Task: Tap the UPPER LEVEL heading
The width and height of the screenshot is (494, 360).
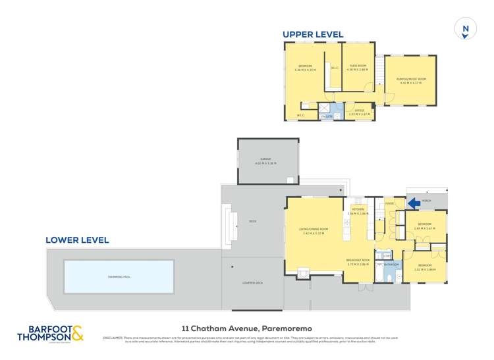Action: (x=313, y=34)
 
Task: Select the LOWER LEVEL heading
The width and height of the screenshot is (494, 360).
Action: (x=77, y=240)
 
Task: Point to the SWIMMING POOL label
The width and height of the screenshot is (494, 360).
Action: (x=119, y=276)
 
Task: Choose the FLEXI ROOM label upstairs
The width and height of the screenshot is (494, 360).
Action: (x=358, y=67)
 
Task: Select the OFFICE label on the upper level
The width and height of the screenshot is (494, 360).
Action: (x=359, y=111)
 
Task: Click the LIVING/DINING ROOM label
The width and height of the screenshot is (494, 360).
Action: (x=313, y=230)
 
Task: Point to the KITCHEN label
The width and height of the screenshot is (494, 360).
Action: (x=357, y=209)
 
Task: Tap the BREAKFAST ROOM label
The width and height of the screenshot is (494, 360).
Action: (x=358, y=261)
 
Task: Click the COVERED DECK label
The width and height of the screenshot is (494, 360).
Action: (x=253, y=282)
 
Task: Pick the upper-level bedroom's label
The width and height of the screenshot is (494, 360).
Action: (x=305, y=66)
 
